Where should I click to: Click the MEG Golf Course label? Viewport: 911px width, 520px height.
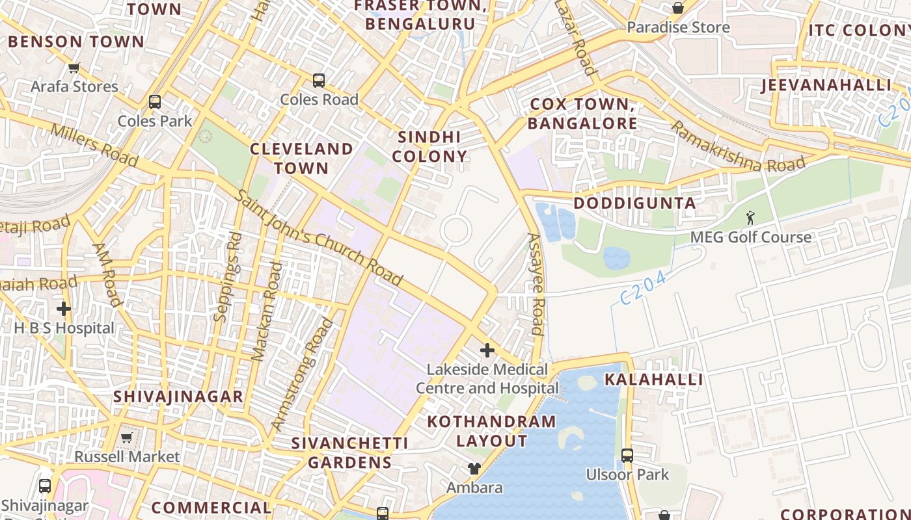750,237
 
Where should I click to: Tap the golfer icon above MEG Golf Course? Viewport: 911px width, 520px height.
750,218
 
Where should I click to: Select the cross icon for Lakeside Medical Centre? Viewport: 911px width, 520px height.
487,350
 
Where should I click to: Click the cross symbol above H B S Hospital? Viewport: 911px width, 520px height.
63,309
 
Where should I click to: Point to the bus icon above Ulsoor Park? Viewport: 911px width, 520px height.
627,455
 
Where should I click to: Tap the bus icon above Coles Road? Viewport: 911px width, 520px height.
318,81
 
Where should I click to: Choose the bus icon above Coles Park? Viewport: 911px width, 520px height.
154,102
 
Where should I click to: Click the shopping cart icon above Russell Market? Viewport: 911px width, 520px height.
126,437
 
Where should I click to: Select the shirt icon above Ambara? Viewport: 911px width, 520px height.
474,469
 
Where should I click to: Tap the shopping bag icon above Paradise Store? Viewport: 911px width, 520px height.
677,8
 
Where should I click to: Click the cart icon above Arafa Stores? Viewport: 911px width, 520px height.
74,68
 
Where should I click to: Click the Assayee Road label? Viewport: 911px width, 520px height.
535,284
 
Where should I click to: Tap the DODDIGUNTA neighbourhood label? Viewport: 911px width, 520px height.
634,203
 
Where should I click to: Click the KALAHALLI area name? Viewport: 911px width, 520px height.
654,380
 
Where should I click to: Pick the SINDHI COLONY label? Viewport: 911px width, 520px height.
429,146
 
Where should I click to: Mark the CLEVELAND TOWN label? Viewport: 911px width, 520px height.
301,158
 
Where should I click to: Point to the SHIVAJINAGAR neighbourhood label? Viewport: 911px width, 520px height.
178,396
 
